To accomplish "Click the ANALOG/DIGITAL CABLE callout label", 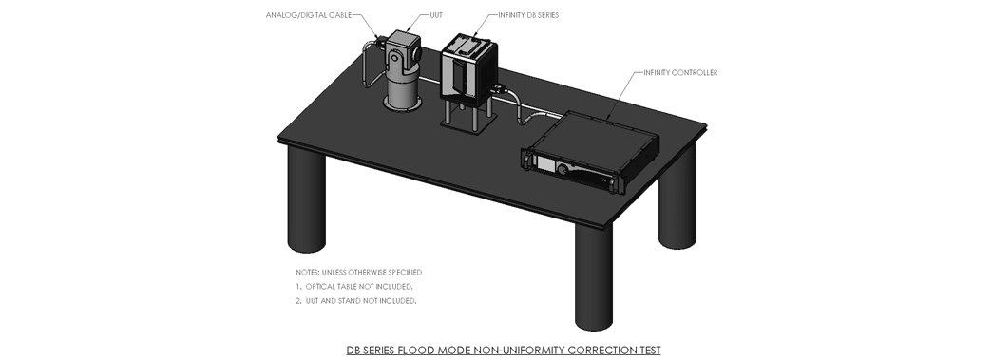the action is [309, 15].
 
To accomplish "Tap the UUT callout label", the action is [436, 15].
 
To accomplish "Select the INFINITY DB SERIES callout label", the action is [528, 15].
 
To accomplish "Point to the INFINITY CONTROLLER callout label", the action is [680, 73].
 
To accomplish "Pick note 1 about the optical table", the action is [354, 287].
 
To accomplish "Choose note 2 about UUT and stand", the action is [356, 301].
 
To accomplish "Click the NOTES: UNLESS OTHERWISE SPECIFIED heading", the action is [359, 272].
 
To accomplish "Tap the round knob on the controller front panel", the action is [562, 168].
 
